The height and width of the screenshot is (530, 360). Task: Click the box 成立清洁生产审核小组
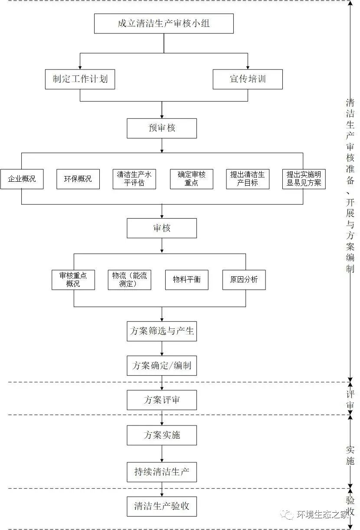[x=164, y=23]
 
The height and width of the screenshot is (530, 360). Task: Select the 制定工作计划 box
[x=80, y=79]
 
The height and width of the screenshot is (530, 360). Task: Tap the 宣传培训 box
[x=248, y=79]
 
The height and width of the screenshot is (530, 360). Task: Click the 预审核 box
[x=162, y=128]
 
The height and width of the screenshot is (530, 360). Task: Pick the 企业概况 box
[x=22, y=179]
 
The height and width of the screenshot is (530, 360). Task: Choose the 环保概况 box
[x=78, y=179]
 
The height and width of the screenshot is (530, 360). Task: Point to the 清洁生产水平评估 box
[x=134, y=179]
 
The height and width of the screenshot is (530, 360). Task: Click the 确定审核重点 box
[x=191, y=179]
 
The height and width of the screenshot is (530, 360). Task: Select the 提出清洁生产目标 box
[x=248, y=179]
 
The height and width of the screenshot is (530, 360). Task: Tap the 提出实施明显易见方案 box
[x=304, y=179]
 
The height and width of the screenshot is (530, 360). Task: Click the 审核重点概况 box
[x=73, y=280]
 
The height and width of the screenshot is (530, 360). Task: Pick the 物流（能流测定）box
[x=129, y=280]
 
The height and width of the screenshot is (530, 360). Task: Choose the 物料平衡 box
[x=187, y=280]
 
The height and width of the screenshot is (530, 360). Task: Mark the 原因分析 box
[x=244, y=280]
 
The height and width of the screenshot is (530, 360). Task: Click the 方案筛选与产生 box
[x=162, y=331]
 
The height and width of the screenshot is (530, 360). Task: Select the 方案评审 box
[x=162, y=400]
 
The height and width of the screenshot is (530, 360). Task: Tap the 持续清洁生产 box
[x=162, y=472]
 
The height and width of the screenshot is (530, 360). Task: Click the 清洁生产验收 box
[x=162, y=506]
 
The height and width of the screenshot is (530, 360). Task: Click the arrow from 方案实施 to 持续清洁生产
[x=162, y=454]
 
